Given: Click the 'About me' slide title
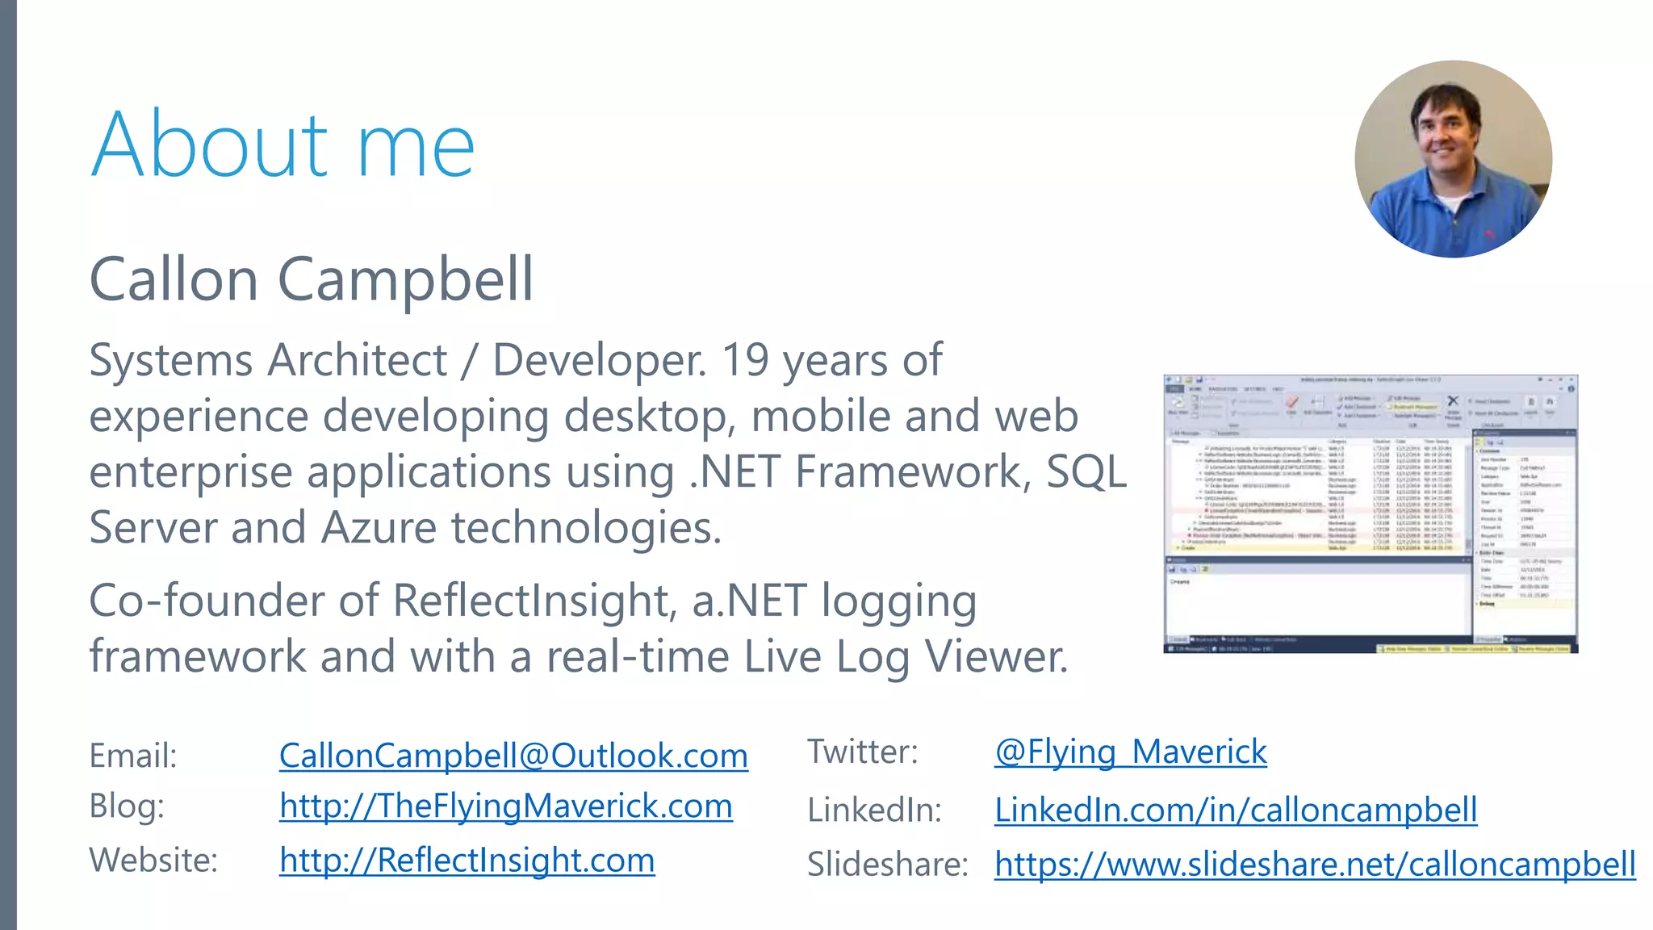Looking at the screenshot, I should point(282,145).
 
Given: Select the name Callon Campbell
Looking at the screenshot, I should point(311,279).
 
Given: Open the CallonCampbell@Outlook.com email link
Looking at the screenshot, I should point(513,756).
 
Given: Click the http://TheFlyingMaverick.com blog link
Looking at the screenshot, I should point(506,806).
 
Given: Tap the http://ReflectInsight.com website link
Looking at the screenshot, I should point(467,861).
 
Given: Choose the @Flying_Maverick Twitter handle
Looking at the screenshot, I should point(1130,752).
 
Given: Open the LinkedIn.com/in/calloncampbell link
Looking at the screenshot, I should point(1235,811).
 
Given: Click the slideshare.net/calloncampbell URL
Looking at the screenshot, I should point(1315,865).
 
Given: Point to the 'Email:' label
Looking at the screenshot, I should point(133,756).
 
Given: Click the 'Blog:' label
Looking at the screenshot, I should point(127,806).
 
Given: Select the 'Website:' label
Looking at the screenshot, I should point(153,861).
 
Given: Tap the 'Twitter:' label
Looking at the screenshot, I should point(862,752).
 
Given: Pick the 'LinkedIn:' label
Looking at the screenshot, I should point(874,811).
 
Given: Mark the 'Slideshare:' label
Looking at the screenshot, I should point(887,865).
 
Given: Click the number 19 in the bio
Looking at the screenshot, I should point(745,360).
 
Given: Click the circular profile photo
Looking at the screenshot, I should point(1453,159).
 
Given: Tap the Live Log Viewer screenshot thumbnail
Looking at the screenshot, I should point(1371,513).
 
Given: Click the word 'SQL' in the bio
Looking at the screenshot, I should point(1086,472).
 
